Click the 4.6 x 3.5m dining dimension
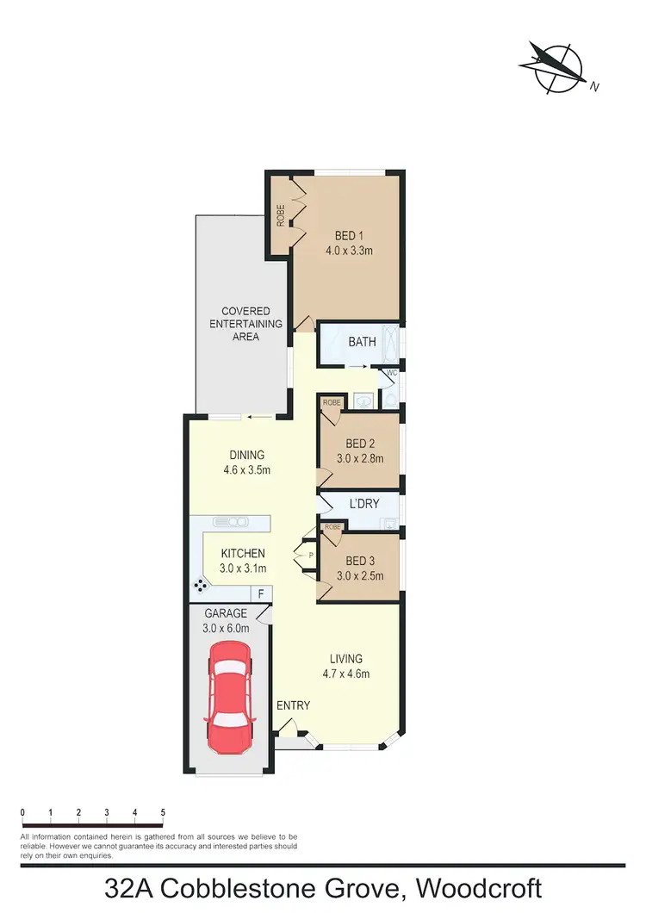pyautogui.click(x=246, y=470)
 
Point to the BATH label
pyautogui.click(x=362, y=342)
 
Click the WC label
pyautogui.click(x=391, y=373)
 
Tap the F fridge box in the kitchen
pyautogui.click(x=258, y=593)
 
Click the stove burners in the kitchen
pyautogui.click(x=201, y=585)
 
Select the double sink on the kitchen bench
pyautogui.click(x=230, y=521)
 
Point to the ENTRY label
pyautogui.click(x=293, y=705)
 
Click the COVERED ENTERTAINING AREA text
pyautogui.click(x=245, y=324)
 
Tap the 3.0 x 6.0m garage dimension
pyautogui.click(x=227, y=628)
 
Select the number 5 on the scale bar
pyautogui.click(x=163, y=812)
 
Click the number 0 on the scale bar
pyautogui.click(x=22, y=812)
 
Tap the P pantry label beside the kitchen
pyautogui.click(x=311, y=556)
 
